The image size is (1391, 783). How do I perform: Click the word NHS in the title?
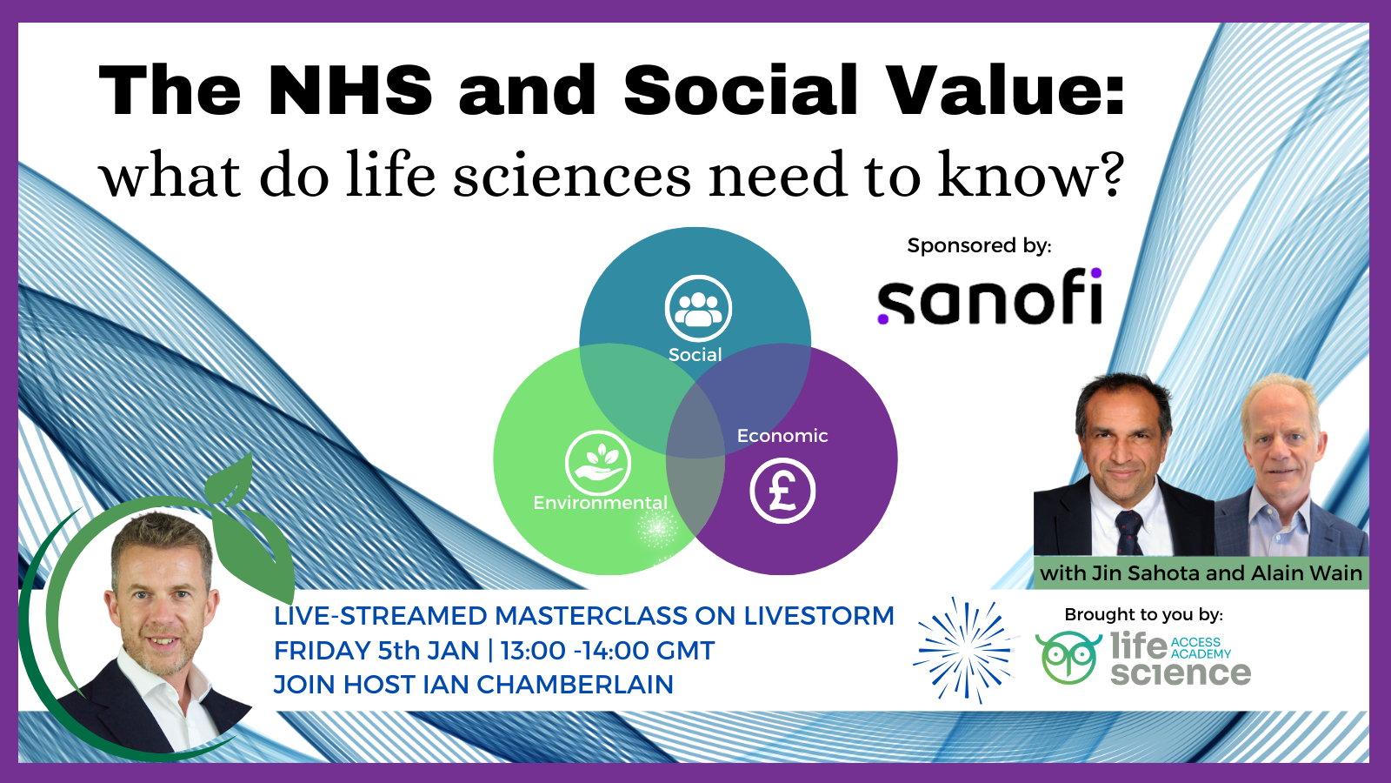350,90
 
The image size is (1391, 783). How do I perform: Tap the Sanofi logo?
990,297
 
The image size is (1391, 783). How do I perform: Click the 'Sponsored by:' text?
979,245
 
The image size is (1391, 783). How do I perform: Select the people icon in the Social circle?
698,308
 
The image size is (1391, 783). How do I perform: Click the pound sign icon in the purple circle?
782,491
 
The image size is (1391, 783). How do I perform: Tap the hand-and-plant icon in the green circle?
598,463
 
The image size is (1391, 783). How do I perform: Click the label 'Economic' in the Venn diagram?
782,436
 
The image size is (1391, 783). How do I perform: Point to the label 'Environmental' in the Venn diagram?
601,503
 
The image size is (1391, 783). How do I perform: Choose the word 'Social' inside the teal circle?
695,355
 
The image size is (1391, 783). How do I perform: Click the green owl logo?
1068,658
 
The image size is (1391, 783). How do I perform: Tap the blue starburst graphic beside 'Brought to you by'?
966,651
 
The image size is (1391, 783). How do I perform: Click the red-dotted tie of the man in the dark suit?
1128,532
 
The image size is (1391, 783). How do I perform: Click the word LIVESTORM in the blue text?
818,616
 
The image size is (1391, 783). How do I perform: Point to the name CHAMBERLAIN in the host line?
575,685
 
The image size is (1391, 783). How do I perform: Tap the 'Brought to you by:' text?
1143,614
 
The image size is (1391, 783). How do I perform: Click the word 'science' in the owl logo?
1181,673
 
